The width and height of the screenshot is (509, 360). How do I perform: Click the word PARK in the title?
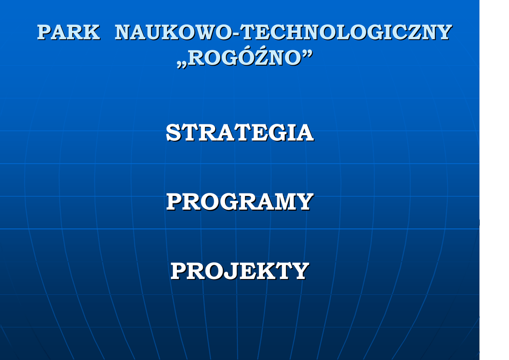69,32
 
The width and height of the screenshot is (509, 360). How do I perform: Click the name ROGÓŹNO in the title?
245,58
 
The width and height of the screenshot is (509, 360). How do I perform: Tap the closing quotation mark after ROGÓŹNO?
307,54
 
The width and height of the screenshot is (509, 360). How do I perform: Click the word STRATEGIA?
240,132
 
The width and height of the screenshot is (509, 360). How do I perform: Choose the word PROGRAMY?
240,201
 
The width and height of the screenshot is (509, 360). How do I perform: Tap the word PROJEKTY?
240,271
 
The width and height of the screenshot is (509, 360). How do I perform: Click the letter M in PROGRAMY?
283,201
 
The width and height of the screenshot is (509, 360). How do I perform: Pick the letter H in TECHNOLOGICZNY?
297,32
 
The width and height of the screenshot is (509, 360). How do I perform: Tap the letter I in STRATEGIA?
291,132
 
